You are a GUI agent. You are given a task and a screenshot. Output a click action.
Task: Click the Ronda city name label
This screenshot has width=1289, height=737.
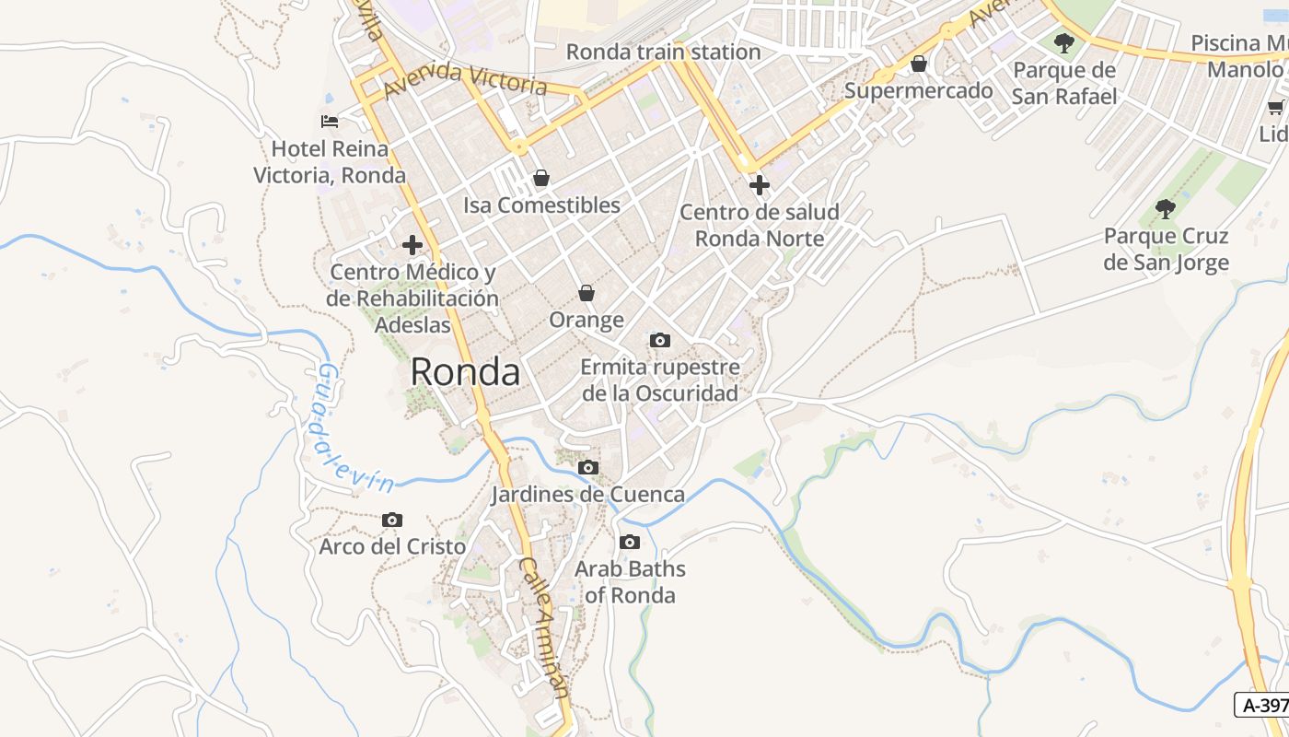point(465,372)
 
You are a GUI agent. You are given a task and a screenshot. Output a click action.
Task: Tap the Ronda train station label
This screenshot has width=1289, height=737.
point(663,52)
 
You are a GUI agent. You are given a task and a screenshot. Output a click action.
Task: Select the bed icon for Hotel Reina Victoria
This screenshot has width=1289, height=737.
point(330,121)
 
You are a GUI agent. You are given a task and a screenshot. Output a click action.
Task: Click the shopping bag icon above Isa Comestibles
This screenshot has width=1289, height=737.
point(541,178)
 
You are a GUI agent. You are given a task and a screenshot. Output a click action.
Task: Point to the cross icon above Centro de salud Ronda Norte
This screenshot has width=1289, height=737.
point(759,185)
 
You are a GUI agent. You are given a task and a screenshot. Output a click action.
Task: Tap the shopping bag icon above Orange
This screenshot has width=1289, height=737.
point(586,293)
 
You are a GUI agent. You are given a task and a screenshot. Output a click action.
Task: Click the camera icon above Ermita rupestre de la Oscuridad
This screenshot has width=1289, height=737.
point(659,341)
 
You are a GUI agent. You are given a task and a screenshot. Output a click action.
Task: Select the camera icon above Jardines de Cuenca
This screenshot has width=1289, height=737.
point(588,468)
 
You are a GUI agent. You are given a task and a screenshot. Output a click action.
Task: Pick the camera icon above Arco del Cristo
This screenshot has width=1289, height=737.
point(392,521)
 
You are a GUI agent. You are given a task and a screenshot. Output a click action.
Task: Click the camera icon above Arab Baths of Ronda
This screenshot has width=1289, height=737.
point(630,542)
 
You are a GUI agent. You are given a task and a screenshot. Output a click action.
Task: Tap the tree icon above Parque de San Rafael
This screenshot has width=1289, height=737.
point(1064,42)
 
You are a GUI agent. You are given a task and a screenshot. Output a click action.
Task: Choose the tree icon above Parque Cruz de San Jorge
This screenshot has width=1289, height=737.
point(1166,209)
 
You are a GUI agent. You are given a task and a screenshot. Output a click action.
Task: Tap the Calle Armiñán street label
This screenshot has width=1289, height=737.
point(546,631)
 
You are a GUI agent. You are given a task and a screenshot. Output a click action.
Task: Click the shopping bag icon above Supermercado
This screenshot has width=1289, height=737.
point(918,64)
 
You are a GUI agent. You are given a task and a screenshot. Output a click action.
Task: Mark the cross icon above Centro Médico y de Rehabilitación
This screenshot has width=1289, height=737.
point(412,245)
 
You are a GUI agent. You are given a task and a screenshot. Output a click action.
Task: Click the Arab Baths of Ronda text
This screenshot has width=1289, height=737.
point(631,581)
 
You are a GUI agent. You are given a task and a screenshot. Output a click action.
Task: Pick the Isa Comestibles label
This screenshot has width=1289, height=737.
point(541,205)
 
